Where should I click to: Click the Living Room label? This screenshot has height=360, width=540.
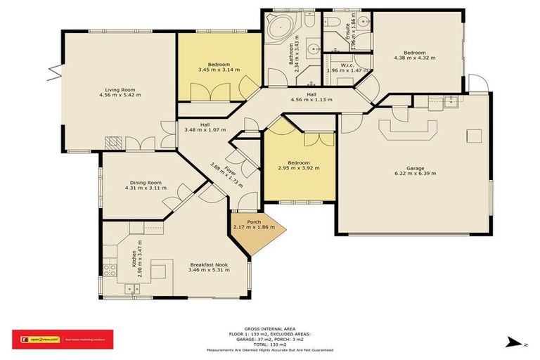click(x=119, y=90)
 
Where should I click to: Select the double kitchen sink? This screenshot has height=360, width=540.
click(x=131, y=288)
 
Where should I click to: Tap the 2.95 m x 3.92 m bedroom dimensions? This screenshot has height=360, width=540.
click(x=298, y=168)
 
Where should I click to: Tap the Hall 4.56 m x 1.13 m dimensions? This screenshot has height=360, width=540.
click(x=311, y=100)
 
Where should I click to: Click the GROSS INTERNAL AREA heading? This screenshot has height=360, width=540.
click(x=270, y=328)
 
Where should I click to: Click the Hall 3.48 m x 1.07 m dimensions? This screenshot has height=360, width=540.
click(x=205, y=130)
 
